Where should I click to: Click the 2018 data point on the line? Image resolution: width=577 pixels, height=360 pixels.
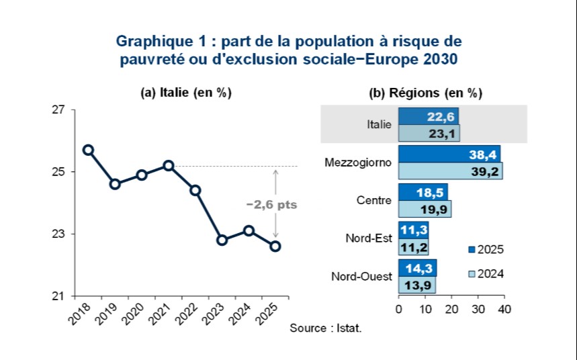coord(88,150)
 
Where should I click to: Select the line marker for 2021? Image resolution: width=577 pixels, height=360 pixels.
coord(169,165)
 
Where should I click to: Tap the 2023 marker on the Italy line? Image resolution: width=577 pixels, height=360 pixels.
coord(222,240)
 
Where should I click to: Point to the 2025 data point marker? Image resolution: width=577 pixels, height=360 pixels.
coord(275,246)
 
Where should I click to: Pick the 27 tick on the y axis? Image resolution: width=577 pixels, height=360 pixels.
coord(59,109)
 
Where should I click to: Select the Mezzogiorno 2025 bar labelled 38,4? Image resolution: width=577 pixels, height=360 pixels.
coord(449,155)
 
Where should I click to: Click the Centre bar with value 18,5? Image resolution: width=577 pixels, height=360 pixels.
coord(423,193)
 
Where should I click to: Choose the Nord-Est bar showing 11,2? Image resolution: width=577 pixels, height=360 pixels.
coord(413,247)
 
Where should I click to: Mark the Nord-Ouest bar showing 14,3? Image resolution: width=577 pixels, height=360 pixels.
coord(417,269)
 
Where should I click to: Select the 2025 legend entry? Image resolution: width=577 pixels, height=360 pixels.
coord(486,250)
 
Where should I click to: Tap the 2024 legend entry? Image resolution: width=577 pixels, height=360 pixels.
coord(486,273)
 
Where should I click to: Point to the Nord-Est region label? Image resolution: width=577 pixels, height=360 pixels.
coord(368,238)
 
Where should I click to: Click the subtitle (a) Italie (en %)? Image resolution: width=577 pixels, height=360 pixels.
coord(185,93)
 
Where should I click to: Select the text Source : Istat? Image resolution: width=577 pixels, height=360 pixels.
coord(326,328)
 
